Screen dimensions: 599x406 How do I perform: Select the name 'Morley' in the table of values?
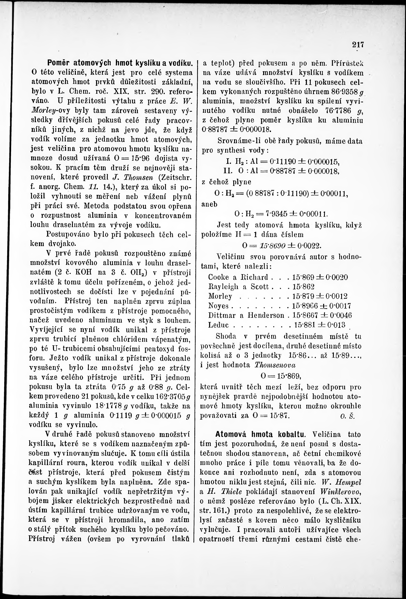pos(220,296)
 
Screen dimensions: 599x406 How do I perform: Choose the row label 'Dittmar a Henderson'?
pos(246,315)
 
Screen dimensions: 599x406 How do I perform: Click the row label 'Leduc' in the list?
pos(218,325)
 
